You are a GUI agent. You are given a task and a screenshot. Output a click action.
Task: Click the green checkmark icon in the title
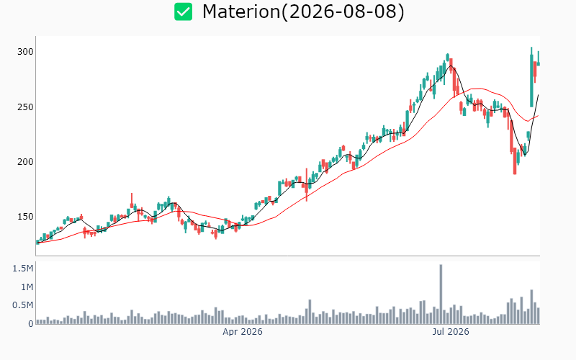pos(183,12)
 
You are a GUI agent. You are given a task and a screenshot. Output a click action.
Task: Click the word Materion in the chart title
pos(241,12)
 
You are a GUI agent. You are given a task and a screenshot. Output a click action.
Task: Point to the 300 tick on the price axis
pos(25,52)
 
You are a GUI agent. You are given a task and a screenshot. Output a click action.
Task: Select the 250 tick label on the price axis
pos(25,107)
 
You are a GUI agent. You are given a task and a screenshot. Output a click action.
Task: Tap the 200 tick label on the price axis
pos(25,161)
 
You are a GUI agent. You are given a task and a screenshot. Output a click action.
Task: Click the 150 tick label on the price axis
pos(25,217)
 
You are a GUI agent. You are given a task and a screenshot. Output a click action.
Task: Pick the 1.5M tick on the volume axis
pos(23,269)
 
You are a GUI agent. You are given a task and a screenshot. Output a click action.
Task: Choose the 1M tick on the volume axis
pos(27,287)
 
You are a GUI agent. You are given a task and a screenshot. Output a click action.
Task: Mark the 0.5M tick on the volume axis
pos(23,305)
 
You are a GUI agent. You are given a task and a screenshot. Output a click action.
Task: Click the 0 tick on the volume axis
pos(31,323)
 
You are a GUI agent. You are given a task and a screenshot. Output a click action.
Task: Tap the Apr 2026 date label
pos(243,332)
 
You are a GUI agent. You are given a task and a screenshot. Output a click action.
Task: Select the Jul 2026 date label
pos(451,332)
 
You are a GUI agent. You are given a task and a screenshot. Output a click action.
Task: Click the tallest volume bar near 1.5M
pos(441,294)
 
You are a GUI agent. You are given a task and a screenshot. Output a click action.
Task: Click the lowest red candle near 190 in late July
pos(515,161)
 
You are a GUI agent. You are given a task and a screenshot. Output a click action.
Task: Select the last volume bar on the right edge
pos(538,316)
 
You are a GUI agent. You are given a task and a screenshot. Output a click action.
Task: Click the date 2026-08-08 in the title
pos(343,12)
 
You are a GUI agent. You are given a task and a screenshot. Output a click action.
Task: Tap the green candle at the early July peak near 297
pos(447,58)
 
